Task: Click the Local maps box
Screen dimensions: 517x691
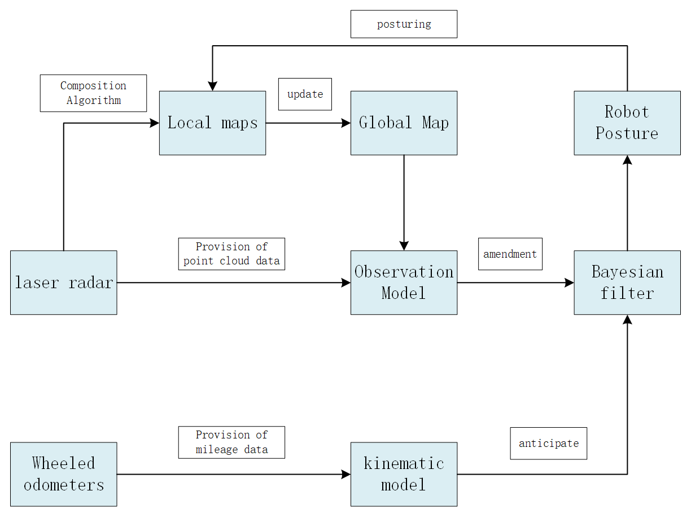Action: click(212, 123)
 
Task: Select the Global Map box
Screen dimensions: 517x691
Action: click(404, 123)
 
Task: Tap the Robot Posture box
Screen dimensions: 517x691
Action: click(627, 123)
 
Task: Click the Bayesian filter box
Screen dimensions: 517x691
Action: click(627, 283)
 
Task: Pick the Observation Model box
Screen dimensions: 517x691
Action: click(404, 283)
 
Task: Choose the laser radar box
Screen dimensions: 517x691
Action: click(63, 283)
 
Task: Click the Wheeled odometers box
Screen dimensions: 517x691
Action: click(63, 474)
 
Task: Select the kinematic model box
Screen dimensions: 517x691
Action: click(404, 474)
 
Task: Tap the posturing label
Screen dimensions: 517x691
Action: click(404, 24)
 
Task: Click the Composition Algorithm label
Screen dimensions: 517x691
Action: click(93, 93)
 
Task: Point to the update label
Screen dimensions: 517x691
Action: click(305, 94)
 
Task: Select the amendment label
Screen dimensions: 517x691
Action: click(510, 254)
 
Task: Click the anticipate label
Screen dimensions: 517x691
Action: click(548, 443)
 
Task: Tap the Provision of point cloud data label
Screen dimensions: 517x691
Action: click(231, 254)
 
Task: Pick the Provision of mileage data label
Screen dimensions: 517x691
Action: click(231, 442)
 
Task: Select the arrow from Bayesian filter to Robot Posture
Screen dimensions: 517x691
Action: click(627, 203)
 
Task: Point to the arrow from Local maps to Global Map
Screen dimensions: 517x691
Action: click(308, 123)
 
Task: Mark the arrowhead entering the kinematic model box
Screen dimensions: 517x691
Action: click(346, 474)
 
